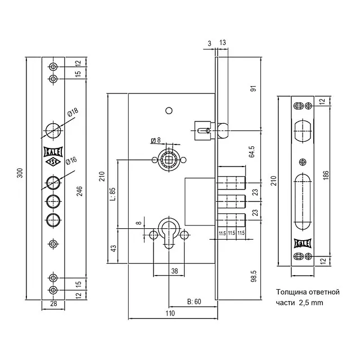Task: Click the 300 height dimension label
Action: point(20,173)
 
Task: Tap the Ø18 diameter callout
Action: point(73,112)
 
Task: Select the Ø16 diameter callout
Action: point(71,160)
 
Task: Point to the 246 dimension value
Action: point(79,191)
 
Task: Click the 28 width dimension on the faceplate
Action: point(53,304)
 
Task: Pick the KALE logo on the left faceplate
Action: point(53,151)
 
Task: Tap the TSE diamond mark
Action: point(53,162)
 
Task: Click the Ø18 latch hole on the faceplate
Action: point(53,130)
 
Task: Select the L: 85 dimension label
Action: point(113,194)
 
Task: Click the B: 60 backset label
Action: point(194,301)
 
